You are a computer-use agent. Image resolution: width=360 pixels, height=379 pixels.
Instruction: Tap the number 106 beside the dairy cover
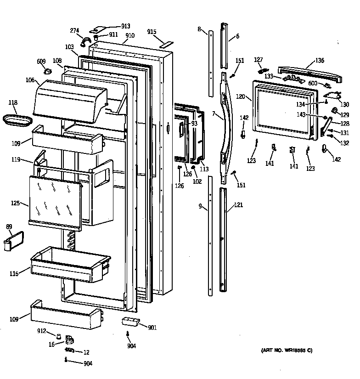(x=30, y=80)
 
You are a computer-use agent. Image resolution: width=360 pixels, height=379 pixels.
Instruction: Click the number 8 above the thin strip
(x=199, y=29)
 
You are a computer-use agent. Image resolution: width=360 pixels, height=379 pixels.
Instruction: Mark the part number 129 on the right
(x=344, y=114)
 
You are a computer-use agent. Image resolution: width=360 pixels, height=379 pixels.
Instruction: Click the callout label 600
(x=313, y=83)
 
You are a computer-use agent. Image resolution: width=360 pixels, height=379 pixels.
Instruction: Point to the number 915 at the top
(x=152, y=32)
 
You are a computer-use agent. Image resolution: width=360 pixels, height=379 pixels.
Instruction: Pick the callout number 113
(x=204, y=170)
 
